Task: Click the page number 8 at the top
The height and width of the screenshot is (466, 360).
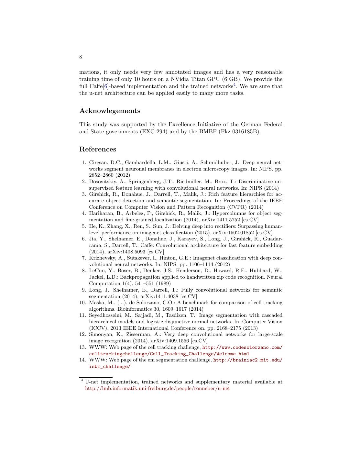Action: [81, 57]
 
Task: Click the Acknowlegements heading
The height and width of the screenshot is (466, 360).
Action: [110, 111]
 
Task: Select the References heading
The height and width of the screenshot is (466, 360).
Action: [98, 149]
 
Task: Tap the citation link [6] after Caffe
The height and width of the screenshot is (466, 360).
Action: [105, 86]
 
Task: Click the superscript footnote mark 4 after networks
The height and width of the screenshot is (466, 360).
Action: [235, 85]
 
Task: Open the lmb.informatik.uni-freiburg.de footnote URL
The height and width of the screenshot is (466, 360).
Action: [158, 388]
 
